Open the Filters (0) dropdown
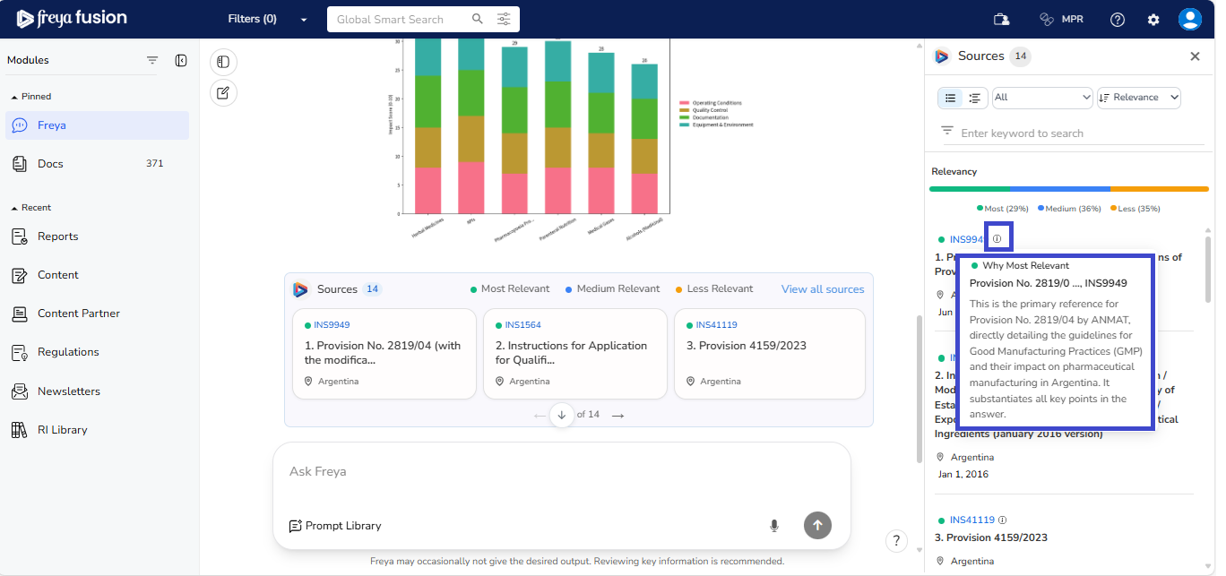pyautogui.click(x=266, y=19)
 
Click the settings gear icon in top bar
pyautogui.click(x=1153, y=20)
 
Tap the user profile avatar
pyautogui.click(x=1189, y=20)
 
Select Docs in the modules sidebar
pyautogui.click(x=51, y=164)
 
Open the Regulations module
pyautogui.click(x=68, y=352)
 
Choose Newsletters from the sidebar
pyautogui.click(x=68, y=391)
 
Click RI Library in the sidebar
pyautogui.click(x=62, y=430)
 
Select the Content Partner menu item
pyautogui.click(x=78, y=314)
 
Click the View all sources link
pyautogui.click(x=822, y=289)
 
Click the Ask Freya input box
pyautogui.click(x=561, y=472)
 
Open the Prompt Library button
pyautogui.click(x=335, y=526)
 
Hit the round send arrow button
pyautogui.click(x=817, y=526)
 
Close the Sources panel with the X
pyautogui.click(x=1195, y=56)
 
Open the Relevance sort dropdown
pyautogui.click(x=1138, y=98)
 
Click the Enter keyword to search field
pyautogui.click(x=1075, y=133)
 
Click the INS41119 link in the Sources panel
pyautogui.click(x=971, y=520)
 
